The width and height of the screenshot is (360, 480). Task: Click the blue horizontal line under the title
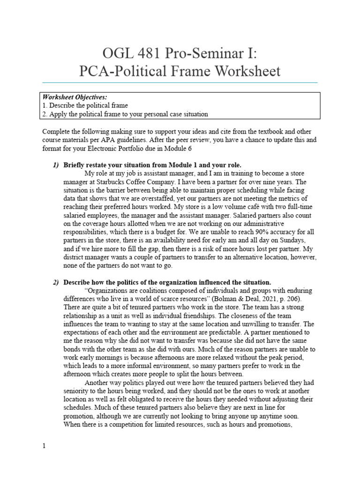coord(180,82)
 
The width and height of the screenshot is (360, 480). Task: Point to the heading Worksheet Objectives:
coord(75,97)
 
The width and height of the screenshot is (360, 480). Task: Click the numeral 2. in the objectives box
coord(45,114)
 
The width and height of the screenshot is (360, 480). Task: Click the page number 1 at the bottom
coord(44,446)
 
